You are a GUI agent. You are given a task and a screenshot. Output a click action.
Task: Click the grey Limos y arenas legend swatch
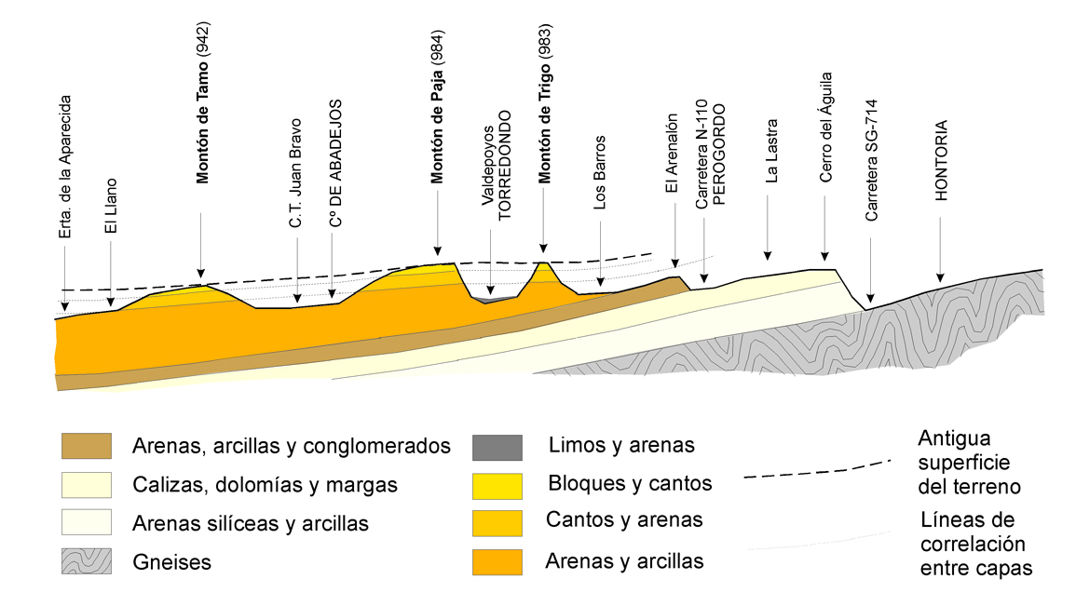497,447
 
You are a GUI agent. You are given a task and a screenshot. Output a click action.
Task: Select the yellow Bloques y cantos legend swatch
497,483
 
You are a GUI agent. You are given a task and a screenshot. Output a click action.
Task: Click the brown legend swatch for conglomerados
87,446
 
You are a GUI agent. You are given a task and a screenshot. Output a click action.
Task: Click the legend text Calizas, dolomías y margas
265,485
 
